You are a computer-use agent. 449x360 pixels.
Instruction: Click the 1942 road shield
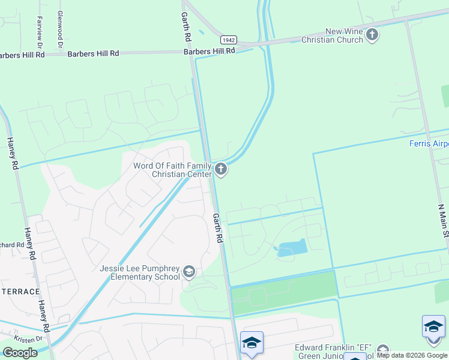(228, 40)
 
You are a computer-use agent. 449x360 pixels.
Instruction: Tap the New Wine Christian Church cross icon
(372, 35)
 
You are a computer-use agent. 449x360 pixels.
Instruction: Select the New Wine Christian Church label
(344, 35)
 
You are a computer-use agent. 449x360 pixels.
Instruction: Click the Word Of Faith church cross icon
(221, 169)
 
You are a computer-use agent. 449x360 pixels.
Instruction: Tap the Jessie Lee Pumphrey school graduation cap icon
(189, 272)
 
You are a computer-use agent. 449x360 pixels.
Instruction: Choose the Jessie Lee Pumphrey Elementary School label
(140, 272)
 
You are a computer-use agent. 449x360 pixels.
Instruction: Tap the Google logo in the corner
(20, 352)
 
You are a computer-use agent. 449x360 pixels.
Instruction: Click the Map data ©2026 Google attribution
(412, 355)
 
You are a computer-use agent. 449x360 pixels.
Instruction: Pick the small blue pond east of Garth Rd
(292, 248)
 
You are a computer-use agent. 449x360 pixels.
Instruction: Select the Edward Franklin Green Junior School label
(334, 352)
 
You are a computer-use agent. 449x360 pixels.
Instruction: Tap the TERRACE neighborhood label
(20, 292)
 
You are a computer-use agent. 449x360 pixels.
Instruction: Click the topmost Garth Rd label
(187, 28)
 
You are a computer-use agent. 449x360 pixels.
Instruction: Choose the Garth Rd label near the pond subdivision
(218, 228)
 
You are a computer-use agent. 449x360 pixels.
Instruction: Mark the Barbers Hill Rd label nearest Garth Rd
(209, 51)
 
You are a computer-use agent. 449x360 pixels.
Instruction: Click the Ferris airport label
(429, 143)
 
